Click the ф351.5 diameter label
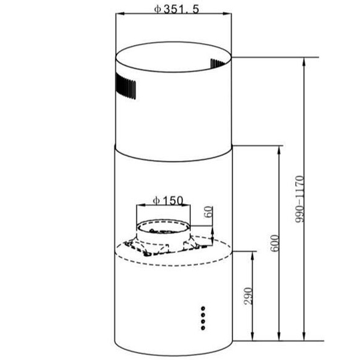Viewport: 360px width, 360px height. point(176,9)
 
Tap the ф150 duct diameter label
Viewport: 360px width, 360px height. point(168,200)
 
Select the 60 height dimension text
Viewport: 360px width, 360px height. point(208,212)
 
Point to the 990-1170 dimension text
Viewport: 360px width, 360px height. point(299,199)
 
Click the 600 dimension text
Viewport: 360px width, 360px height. point(275,243)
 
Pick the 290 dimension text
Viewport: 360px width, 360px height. point(248,296)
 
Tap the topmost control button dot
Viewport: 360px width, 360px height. point(203,308)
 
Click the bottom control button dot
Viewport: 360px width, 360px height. point(203,328)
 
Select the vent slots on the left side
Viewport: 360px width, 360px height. point(125,86)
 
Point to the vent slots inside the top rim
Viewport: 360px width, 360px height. point(218,64)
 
